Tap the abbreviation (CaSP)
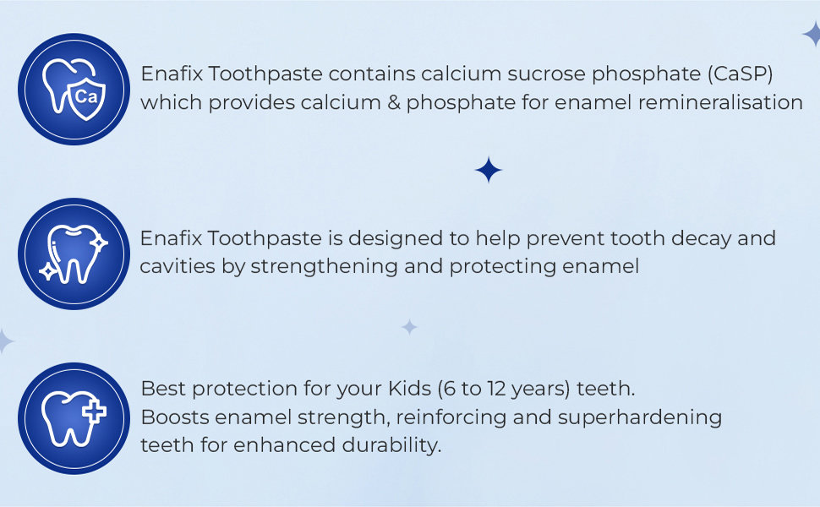click(x=740, y=74)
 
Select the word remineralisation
click(x=720, y=102)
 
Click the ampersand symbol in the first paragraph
click(x=394, y=102)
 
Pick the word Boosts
click(x=175, y=417)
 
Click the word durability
click(x=391, y=446)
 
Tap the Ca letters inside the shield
click(x=85, y=96)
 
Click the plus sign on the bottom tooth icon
click(x=94, y=412)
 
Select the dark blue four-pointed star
click(x=489, y=170)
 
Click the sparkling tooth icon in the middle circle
click(x=74, y=254)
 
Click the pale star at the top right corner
click(x=812, y=35)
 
